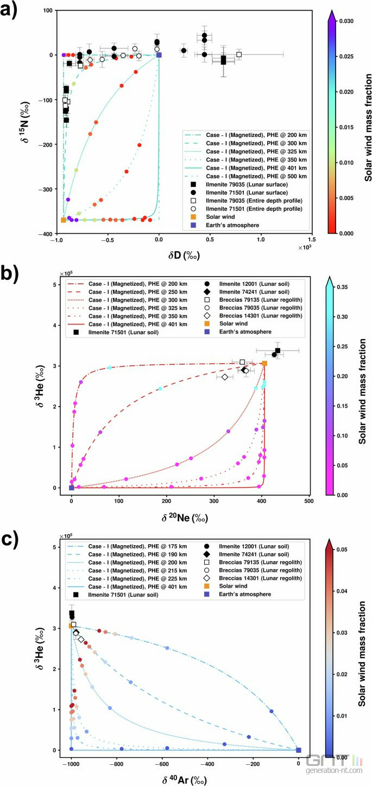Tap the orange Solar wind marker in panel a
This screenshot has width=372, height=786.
coord(64,220)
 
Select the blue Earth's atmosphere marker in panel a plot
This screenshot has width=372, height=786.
coord(159,55)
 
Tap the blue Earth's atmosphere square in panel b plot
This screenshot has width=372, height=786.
coord(72,488)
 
